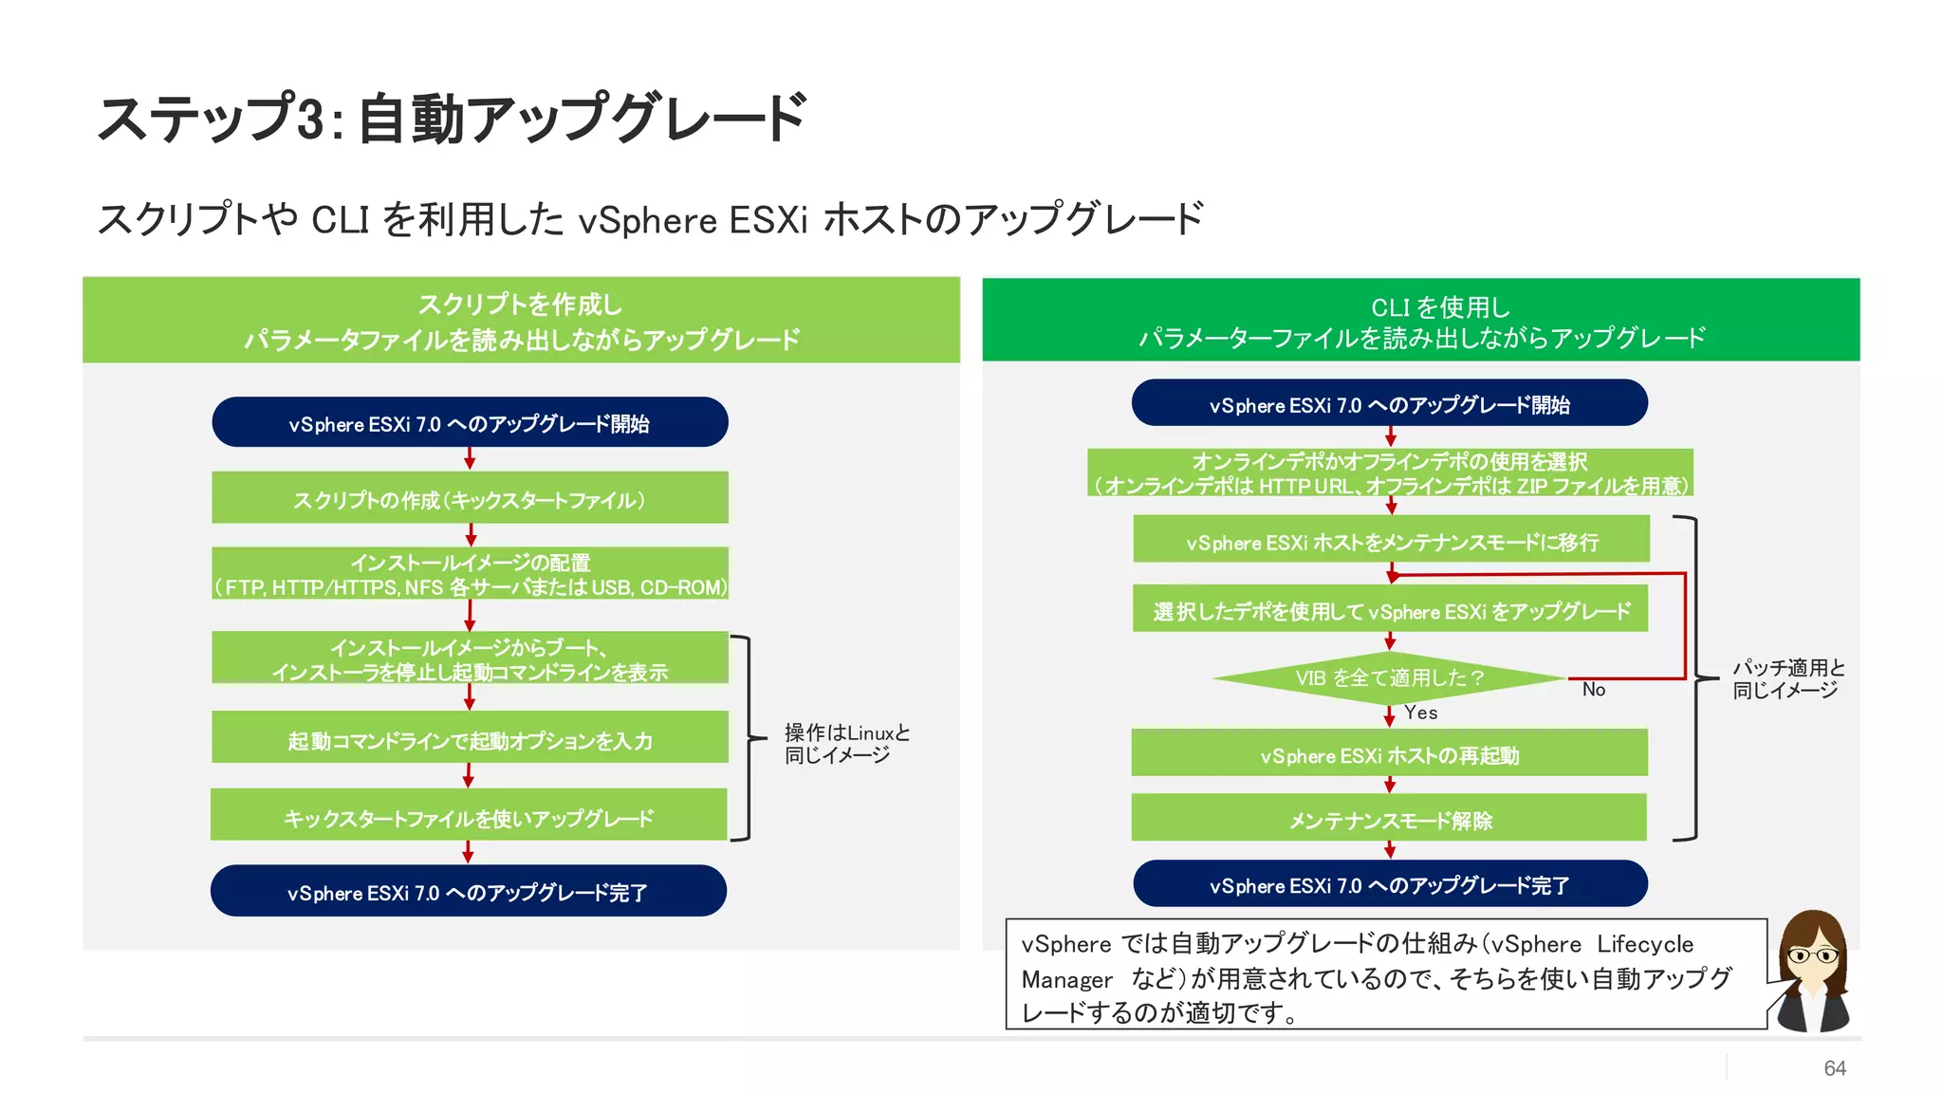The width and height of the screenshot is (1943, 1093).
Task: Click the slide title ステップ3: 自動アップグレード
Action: (452, 119)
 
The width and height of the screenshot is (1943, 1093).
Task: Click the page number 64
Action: (1834, 1068)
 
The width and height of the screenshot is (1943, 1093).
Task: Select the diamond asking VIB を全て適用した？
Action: (1389, 677)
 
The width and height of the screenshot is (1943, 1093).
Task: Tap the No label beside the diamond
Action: (1594, 690)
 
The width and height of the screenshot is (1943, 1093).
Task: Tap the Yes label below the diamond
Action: (1420, 713)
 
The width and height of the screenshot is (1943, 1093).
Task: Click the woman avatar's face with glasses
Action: (1811, 954)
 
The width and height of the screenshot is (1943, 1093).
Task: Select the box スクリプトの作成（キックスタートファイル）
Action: (470, 499)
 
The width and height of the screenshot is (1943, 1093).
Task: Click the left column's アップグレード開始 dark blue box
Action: (470, 423)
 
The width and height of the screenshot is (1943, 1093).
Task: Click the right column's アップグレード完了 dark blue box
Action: (1390, 885)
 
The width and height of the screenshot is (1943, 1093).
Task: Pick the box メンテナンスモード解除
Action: (1390, 820)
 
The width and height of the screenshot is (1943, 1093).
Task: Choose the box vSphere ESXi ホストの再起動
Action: (1390, 755)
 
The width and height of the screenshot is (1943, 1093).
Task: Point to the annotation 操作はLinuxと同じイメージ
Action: (846, 744)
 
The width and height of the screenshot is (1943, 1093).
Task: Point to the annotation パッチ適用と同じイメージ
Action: (1788, 678)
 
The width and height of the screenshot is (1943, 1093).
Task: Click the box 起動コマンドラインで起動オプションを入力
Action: (470, 739)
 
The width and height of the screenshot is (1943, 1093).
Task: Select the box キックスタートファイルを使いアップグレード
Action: (469, 817)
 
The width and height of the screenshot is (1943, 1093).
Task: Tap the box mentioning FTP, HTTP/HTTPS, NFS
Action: (470, 574)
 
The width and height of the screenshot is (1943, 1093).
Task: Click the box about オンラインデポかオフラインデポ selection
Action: (1390, 472)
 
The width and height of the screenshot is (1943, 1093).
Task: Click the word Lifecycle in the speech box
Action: (1645, 944)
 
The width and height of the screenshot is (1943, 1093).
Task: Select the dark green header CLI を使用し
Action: (1420, 321)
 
